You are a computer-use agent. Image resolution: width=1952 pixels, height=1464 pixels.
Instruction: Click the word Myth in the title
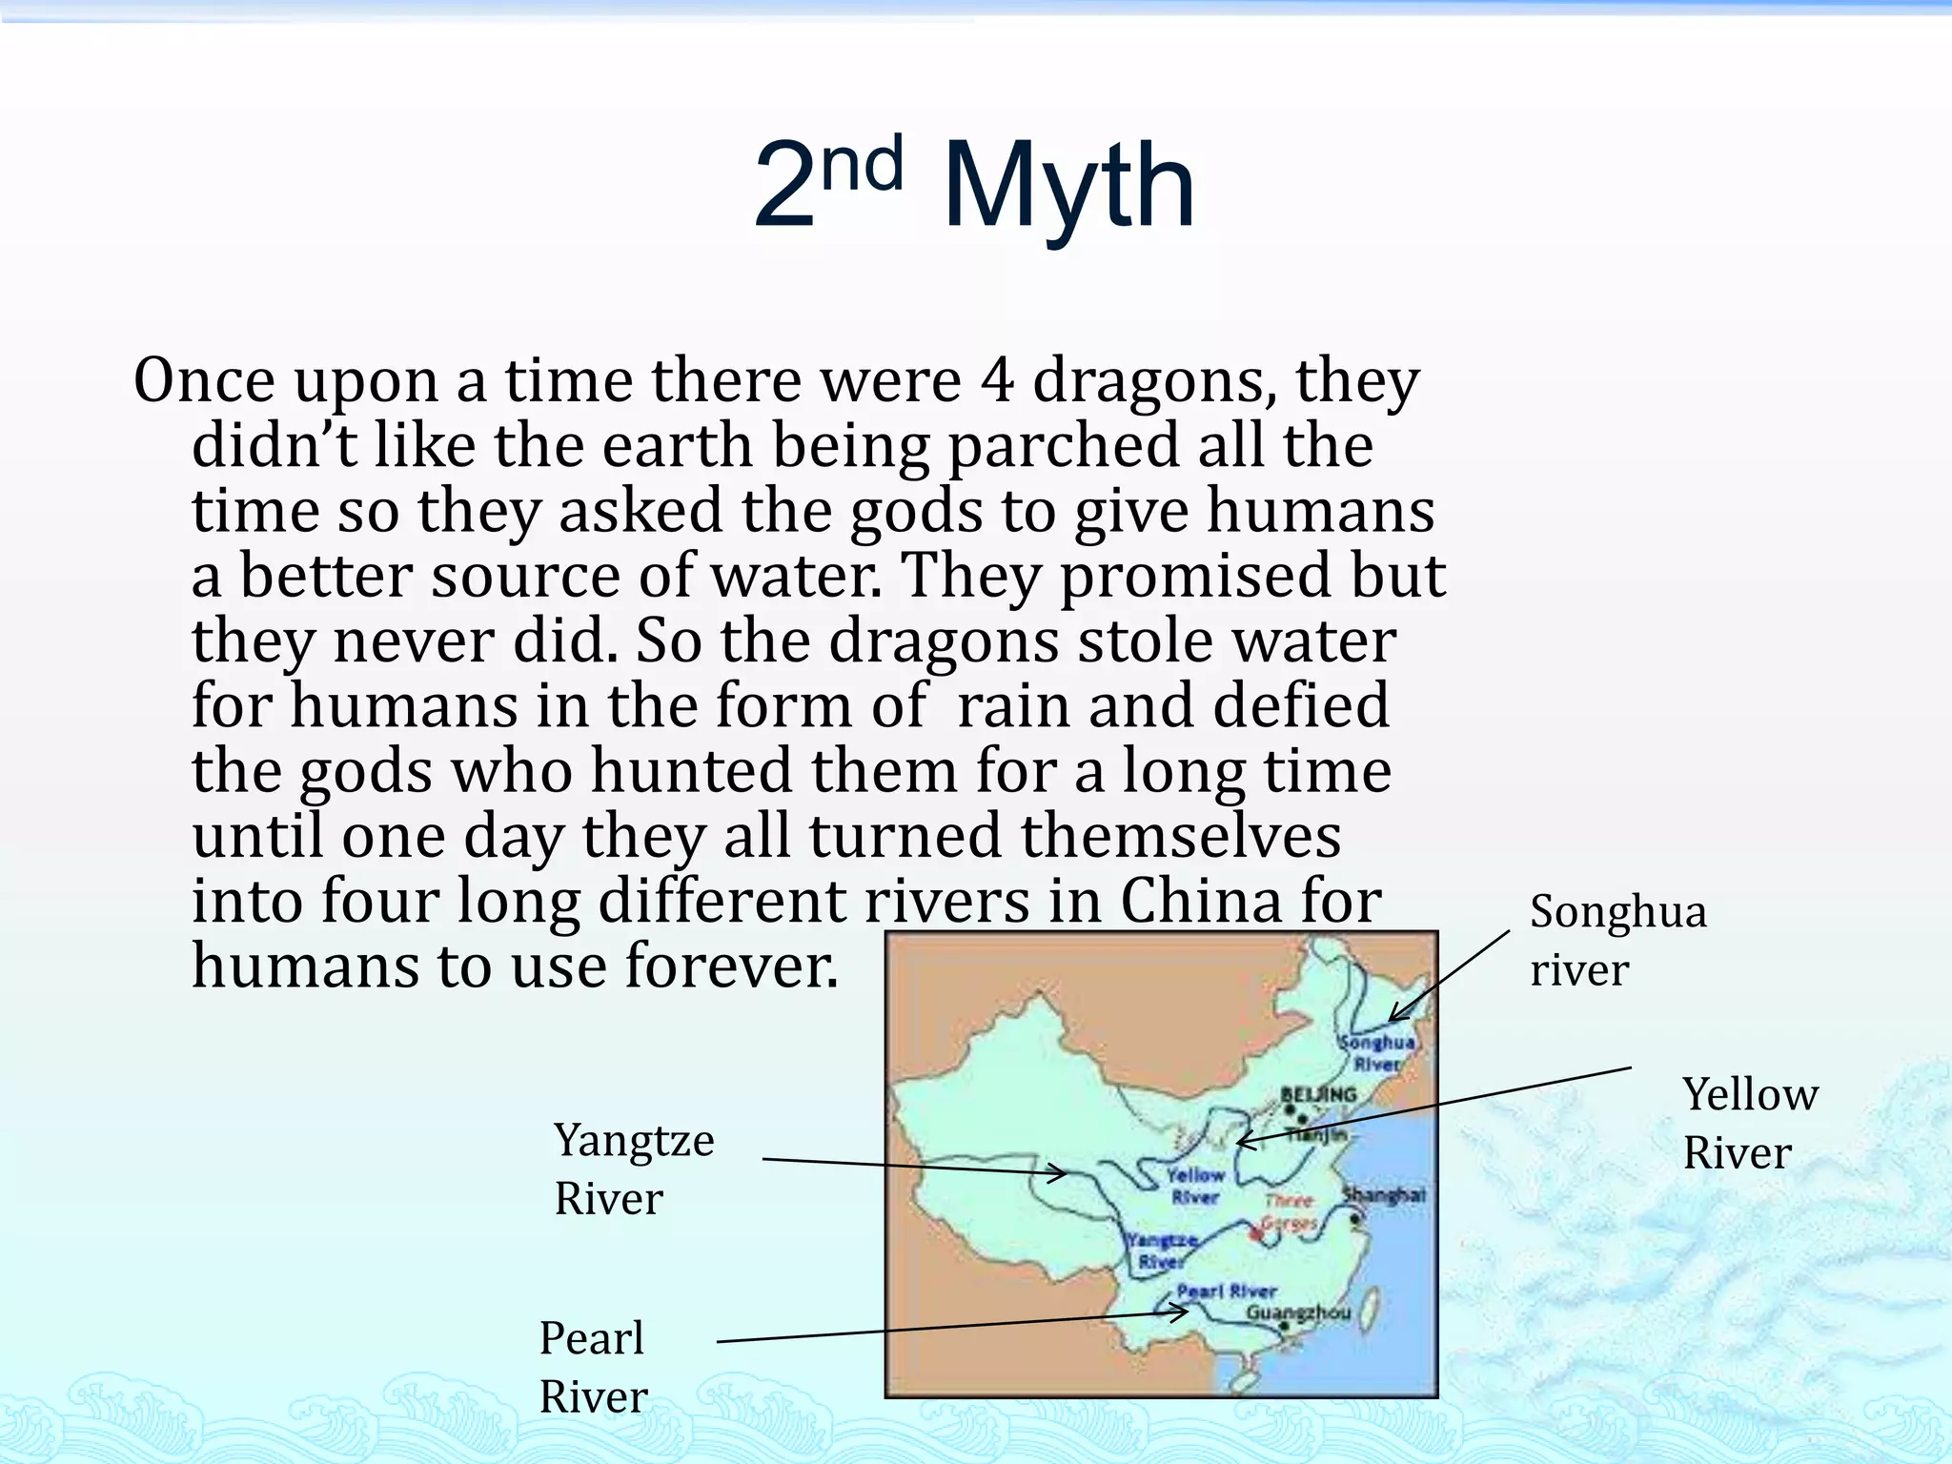[1068, 186]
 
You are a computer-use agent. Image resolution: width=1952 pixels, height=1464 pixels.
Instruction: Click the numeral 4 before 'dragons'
[997, 380]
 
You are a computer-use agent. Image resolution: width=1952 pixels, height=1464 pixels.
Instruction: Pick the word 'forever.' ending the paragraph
[731, 966]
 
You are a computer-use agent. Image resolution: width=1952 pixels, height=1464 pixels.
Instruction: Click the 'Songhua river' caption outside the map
[1616, 940]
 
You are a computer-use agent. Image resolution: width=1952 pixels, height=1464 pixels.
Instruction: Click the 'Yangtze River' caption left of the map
[633, 1169]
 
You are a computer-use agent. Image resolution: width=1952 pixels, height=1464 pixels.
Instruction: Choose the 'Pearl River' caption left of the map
[592, 1367]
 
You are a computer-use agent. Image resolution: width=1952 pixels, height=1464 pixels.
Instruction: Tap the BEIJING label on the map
[1318, 1094]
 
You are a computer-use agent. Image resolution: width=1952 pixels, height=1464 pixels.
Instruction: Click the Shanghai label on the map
[1384, 1194]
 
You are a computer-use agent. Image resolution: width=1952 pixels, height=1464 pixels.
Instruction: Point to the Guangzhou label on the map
[1298, 1313]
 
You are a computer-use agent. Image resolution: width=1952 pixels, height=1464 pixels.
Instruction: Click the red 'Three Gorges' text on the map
[1290, 1211]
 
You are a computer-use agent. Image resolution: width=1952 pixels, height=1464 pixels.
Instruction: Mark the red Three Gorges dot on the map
[1256, 1234]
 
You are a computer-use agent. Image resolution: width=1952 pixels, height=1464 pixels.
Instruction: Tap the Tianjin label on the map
[1317, 1134]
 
